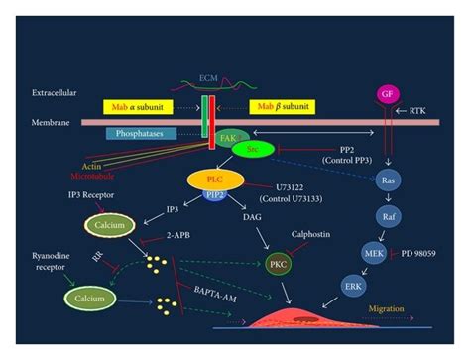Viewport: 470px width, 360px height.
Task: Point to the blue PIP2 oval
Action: pos(215,196)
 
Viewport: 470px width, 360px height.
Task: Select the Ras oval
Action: pos(390,181)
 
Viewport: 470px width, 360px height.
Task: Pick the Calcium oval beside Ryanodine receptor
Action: pos(88,296)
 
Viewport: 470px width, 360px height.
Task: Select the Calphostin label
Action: pos(314,235)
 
